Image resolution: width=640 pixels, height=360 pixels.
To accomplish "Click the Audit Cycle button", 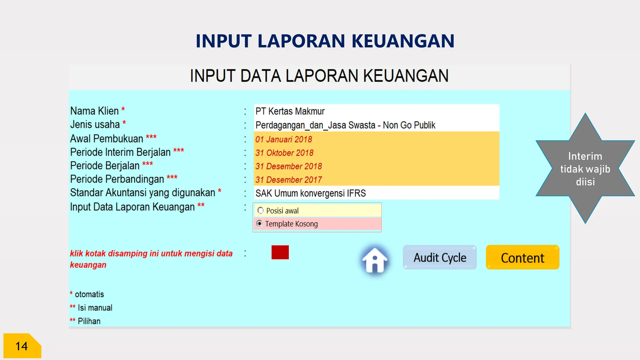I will click(x=440, y=257).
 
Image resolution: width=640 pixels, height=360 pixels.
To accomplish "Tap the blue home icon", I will click(x=374, y=260).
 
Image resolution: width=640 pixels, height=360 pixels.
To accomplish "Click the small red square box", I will click(x=280, y=252).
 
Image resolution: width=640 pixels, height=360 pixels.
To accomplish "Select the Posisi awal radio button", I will click(x=261, y=210).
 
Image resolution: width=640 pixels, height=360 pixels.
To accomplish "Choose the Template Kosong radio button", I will click(x=260, y=223).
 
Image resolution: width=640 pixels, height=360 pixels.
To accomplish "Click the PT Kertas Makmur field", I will click(x=290, y=111).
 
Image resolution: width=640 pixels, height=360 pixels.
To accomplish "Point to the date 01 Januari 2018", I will click(x=284, y=139).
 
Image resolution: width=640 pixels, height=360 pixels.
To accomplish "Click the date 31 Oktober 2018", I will click(x=284, y=153).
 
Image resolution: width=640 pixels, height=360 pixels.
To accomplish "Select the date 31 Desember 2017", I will click(x=288, y=180).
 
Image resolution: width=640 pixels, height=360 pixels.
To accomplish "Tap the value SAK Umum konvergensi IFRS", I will click(x=311, y=193).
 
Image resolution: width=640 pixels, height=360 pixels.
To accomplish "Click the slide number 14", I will click(x=22, y=346).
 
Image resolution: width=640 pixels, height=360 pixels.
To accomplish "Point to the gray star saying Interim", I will click(x=585, y=169).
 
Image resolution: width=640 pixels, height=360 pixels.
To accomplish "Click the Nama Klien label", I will click(x=94, y=111).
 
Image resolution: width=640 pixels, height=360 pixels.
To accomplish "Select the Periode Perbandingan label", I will click(x=117, y=179).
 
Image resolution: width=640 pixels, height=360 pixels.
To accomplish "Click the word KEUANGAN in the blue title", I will click(x=403, y=41).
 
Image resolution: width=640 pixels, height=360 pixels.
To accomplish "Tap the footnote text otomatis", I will click(x=89, y=294).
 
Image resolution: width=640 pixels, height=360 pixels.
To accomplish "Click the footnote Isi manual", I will click(x=95, y=308).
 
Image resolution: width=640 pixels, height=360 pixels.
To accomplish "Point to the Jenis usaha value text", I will click(x=345, y=125).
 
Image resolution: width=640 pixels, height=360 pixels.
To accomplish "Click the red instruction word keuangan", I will click(x=88, y=265).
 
